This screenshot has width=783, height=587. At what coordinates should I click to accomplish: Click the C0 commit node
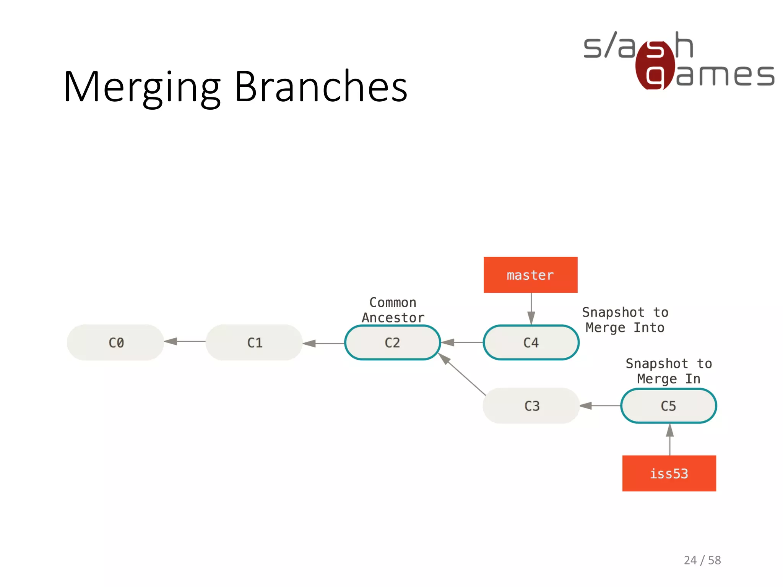(115, 342)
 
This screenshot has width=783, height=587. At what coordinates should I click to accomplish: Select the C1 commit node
(254, 342)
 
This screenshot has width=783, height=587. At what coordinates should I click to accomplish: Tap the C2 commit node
(392, 342)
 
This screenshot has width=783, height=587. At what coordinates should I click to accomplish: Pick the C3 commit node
(531, 406)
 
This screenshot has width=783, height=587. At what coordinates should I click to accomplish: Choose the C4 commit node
(531, 342)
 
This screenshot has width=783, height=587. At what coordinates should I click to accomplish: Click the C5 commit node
(669, 406)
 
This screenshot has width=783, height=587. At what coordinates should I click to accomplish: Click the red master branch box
(530, 275)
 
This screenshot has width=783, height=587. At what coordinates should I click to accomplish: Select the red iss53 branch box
(669, 473)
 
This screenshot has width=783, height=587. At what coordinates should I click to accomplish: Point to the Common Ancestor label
(393, 310)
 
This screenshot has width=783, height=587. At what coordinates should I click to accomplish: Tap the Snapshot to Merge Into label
(625, 320)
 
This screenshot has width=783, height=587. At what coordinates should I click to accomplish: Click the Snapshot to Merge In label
(669, 371)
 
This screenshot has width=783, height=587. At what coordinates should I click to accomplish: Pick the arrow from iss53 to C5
(670, 439)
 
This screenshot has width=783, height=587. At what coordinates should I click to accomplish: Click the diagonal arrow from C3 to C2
(462, 375)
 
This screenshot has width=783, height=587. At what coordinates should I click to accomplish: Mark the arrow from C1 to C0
(185, 341)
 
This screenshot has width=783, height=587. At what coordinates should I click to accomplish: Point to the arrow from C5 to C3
(600, 406)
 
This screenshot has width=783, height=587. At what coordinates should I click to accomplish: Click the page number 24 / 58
(702, 560)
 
